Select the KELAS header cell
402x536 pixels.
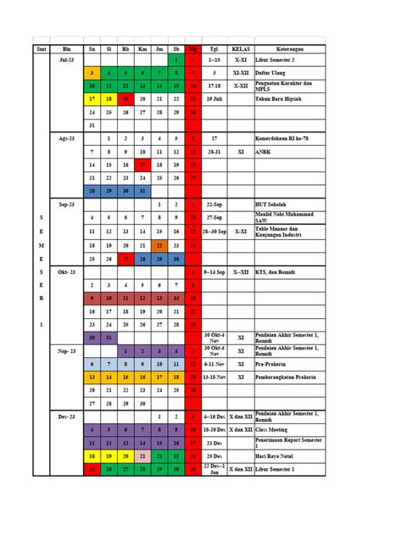[241, 49]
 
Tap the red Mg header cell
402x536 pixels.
[193, 49]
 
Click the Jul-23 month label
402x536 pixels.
[67, 61]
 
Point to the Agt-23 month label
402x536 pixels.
[67, 137]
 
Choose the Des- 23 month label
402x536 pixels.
[67, 417]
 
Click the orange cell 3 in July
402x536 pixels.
[91, 74]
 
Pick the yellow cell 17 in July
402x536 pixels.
[91, 99]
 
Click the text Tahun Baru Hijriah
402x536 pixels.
[281, 99]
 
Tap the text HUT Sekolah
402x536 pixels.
[271, 204]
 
